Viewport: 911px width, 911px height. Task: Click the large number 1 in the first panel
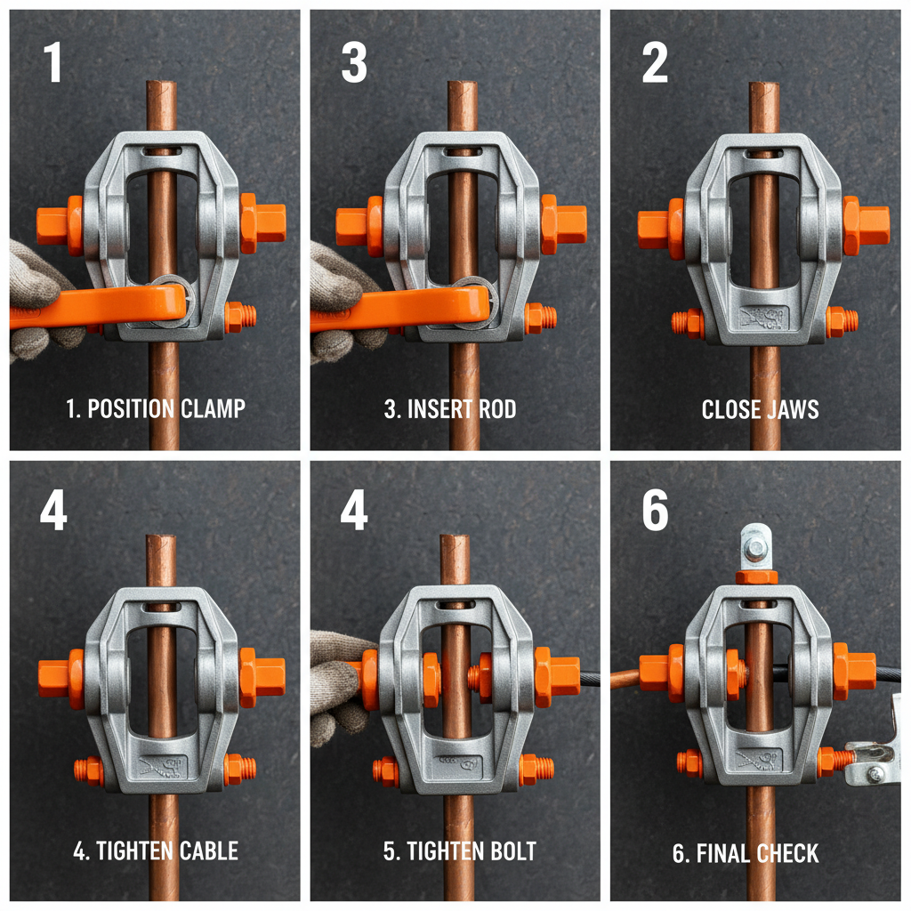[54, 63]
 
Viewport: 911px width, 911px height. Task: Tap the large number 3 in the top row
[354, 63]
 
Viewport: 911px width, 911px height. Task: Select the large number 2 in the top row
[655, 63]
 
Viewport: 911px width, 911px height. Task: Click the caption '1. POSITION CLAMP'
[156, 409]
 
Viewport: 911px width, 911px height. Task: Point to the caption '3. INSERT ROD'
[450, 409]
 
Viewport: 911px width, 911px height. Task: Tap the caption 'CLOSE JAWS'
[760, 409]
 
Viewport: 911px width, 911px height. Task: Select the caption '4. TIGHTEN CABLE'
[156, 851]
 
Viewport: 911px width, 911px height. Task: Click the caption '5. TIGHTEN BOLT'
[460, 851]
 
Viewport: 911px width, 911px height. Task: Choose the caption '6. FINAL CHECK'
[746, 854]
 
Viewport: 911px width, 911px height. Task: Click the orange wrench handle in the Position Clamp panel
[89, 308]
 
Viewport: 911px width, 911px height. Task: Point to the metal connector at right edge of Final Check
[876, 756]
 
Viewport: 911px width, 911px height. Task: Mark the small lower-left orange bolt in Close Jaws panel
[688, 323]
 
